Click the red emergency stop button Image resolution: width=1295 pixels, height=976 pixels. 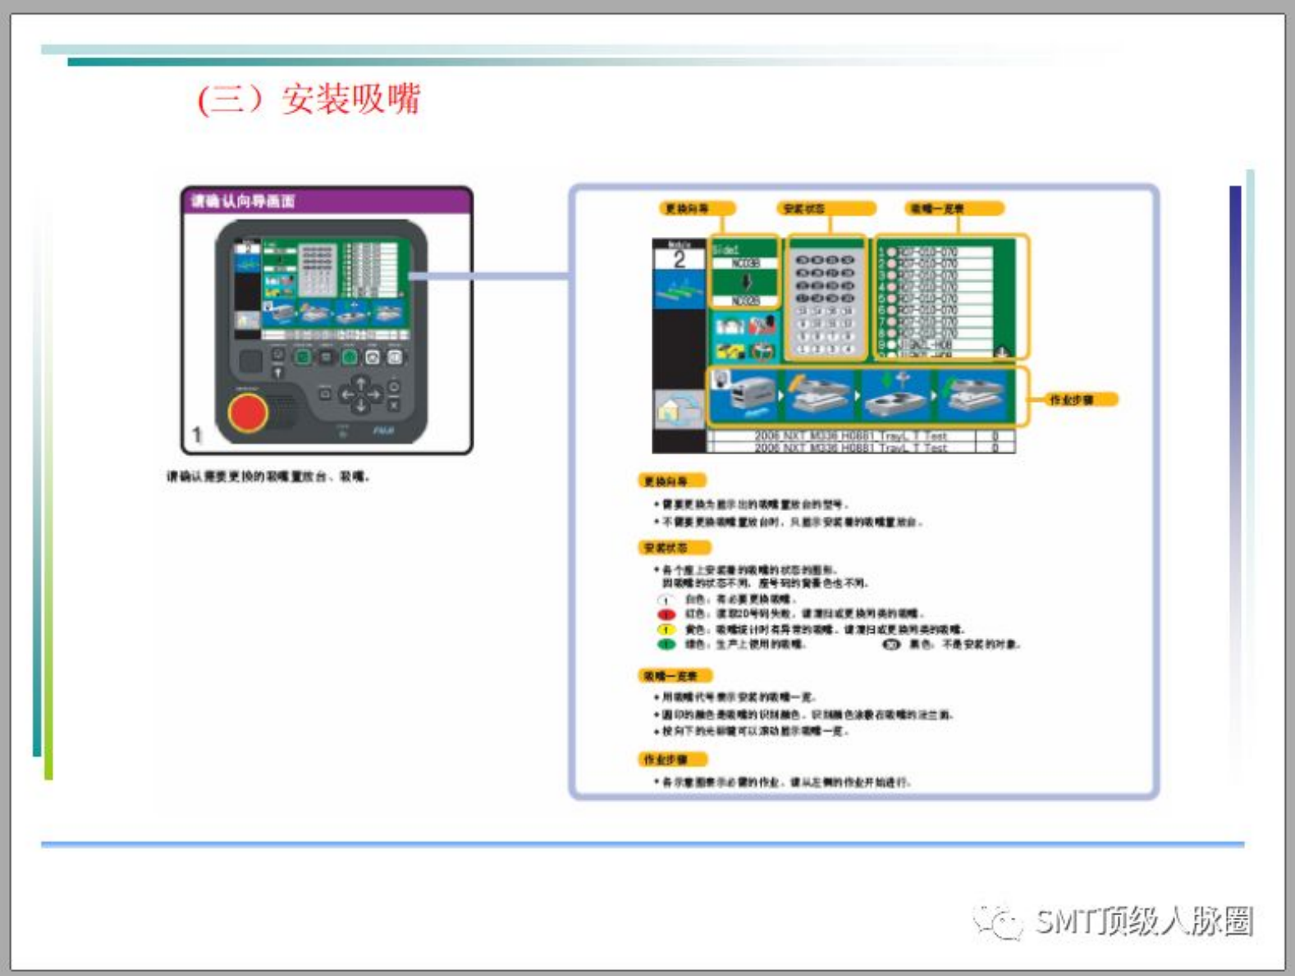pos(247,412)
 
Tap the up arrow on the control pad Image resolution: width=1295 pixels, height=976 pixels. pos(360,383)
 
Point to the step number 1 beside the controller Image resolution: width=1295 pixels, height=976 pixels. pos(197,434)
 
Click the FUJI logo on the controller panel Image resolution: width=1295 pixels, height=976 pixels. pos(383,431)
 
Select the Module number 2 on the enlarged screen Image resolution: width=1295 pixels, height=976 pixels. pos(679,260)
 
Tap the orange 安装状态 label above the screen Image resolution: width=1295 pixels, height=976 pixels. pos(804,209)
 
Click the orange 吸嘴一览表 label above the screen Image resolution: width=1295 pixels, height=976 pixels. pos(936,209)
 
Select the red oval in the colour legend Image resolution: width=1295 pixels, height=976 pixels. pos(666,614)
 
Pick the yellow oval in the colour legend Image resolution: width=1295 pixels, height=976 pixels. pos(666,630)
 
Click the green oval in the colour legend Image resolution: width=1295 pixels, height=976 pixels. pos(666,645)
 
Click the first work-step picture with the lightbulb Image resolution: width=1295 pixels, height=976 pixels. pos(743,396)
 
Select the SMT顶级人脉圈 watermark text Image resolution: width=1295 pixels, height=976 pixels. pos(1144,921)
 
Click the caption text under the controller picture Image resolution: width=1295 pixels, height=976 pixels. pos(268,477)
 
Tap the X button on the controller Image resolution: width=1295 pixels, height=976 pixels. pos(393,405)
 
